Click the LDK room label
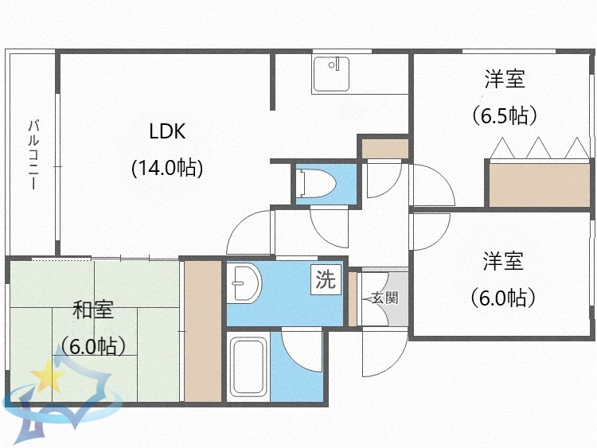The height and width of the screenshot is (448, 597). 167,131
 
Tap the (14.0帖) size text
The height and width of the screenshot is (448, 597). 167,168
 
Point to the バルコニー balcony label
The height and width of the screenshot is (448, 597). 33,154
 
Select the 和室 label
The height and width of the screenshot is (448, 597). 92,310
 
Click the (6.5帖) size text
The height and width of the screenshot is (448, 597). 505,115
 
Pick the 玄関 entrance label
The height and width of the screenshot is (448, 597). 384,298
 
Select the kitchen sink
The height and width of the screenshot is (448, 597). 332,74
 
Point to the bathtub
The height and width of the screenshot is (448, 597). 249,366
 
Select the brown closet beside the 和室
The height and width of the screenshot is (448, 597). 202,331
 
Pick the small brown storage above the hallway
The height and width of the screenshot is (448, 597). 384,148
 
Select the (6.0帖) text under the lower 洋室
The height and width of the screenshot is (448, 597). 502,298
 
